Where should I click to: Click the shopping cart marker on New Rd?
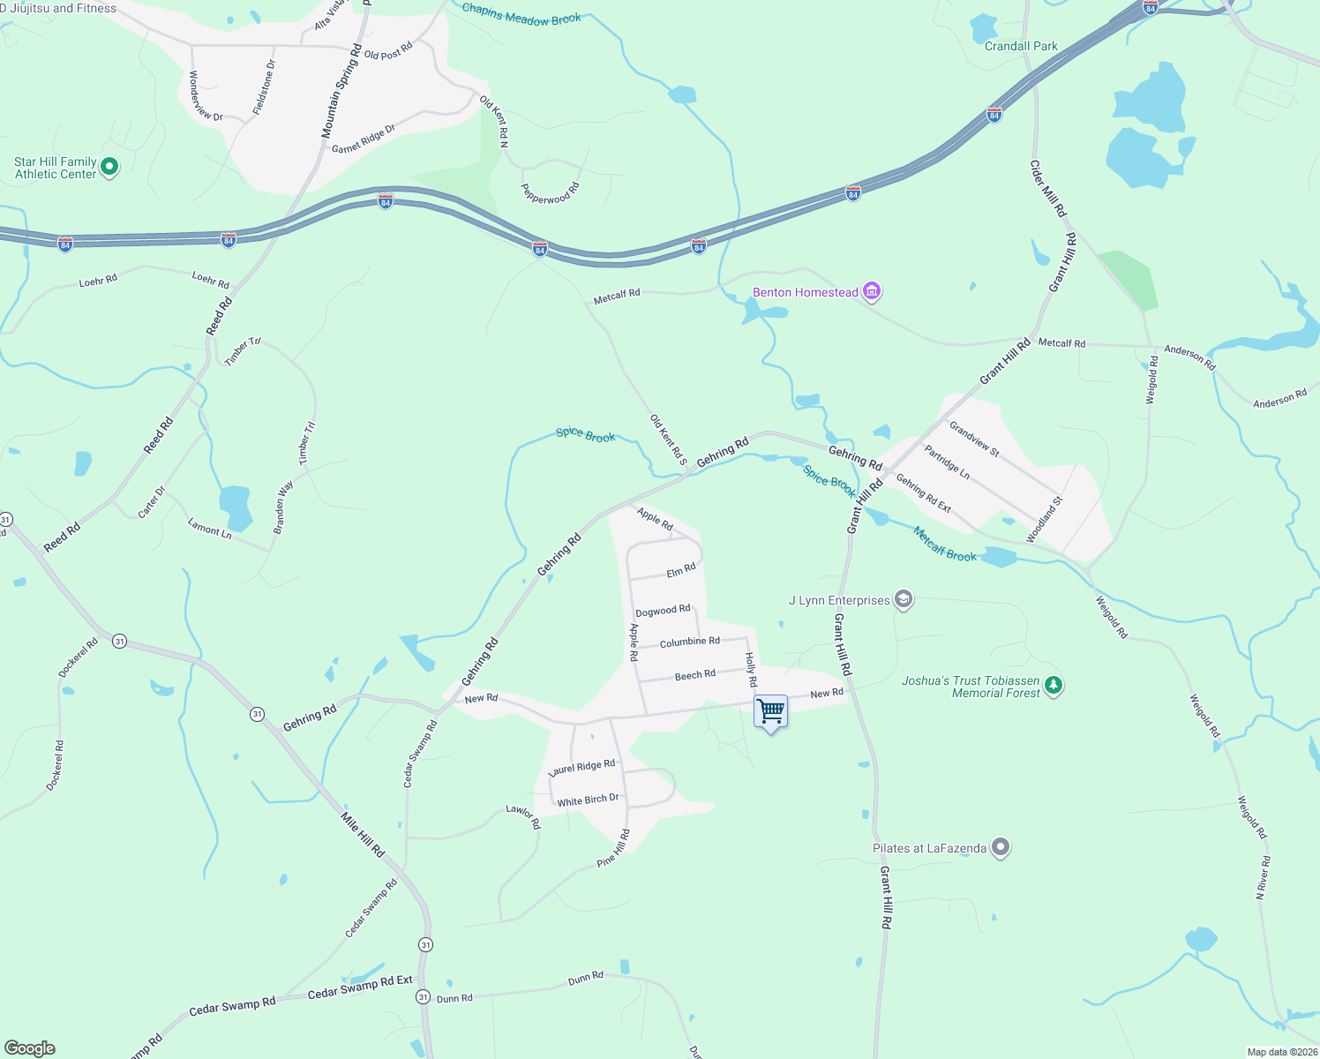click(770, 711)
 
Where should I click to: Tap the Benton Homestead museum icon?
click(872, 291)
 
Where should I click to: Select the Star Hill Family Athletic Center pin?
click(109, 166)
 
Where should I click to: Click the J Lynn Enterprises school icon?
click(903, 600)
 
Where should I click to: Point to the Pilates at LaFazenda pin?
click(1000, 848)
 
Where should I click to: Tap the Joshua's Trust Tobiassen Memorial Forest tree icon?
click(1053, 685)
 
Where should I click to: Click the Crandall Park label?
click(1021, 46)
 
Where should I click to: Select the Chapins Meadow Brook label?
click(521, 14)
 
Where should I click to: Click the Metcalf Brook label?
click(945, 544)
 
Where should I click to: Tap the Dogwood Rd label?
click(663, 611)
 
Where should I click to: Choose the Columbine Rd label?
click(689, 642)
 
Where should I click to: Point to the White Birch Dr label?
click(588, 800)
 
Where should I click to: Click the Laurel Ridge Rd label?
click(582, 767)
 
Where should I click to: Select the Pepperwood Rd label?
click(550, 193)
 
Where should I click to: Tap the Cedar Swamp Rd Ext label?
click(360, 988)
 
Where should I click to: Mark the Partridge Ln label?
click(947, 462)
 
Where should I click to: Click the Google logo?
click(30, 1048)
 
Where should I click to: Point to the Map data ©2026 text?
click(1282, 1052)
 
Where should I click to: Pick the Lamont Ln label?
click(209, 529)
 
